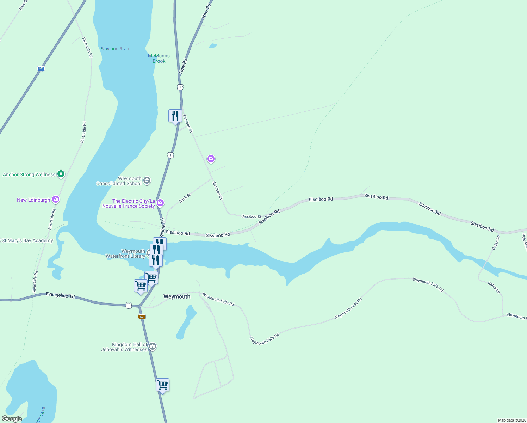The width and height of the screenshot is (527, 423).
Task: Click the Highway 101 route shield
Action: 41,68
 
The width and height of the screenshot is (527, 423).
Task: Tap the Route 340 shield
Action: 142,317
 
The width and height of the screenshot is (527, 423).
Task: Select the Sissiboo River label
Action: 115,49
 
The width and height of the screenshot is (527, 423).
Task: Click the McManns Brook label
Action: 159,59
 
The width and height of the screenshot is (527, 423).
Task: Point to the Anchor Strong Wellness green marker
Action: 61,174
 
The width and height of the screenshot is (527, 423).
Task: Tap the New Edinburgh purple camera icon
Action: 55,200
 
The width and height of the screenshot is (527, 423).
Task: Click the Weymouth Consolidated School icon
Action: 147,180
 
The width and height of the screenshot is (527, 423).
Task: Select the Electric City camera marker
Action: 160,202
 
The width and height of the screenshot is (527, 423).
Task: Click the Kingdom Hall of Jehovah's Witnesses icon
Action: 153,346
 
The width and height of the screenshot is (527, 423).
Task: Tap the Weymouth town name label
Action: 177,296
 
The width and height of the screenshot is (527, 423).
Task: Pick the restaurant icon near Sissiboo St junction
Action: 175,116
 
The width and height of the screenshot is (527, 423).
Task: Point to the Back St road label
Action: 185,198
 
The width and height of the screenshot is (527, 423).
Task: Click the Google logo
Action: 12,419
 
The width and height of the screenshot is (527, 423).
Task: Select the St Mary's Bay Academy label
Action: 27,240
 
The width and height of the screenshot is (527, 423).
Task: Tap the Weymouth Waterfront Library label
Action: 126,253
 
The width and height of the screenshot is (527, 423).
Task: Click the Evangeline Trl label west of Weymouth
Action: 60,295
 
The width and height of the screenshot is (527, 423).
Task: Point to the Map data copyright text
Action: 512,420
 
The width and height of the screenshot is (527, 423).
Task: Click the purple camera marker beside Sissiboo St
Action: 211,159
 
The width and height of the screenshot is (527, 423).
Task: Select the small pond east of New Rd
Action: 213,45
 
